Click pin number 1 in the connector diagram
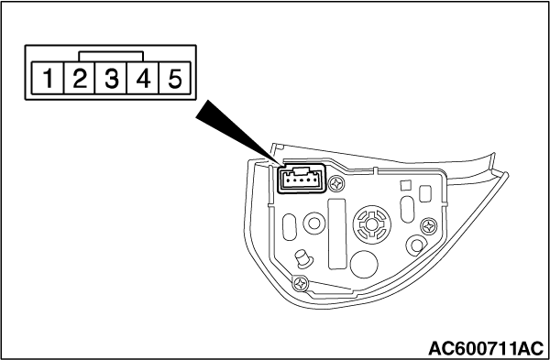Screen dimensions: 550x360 pyautogui.click(x=48, y=78)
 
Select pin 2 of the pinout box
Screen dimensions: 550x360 pyautogui.click(x=80, y=78)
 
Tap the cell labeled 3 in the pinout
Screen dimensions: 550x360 pyautogui.click(x=111, y=78)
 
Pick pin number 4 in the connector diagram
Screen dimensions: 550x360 pyautogui.click(x=143, y=78)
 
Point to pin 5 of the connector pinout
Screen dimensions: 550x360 pyautogui.click(x=175, y=78)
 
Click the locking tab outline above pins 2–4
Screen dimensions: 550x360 pyautogui.click(x=111, y=52)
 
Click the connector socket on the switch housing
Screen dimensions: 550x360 pyautogui.click(x=302, y=179)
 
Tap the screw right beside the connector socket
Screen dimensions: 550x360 pyautogui.click(x=336, y=183)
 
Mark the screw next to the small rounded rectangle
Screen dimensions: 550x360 pyautogui.click(x=429, y=226)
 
